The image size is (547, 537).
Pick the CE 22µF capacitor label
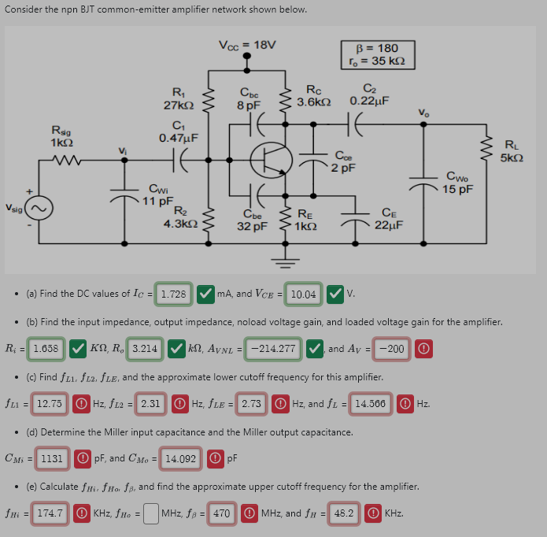(x=389, y=218)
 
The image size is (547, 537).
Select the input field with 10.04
(x=304, y=294)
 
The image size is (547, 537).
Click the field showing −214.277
(x=272, y=348)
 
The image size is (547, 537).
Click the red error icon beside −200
(x=425, y=348)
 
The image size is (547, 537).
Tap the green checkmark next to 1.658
(x=78, y=348)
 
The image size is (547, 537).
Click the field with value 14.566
(x=370, y=403)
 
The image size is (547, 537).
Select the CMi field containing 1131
(x=52, y=457)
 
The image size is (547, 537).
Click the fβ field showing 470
(x=221, y=513)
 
